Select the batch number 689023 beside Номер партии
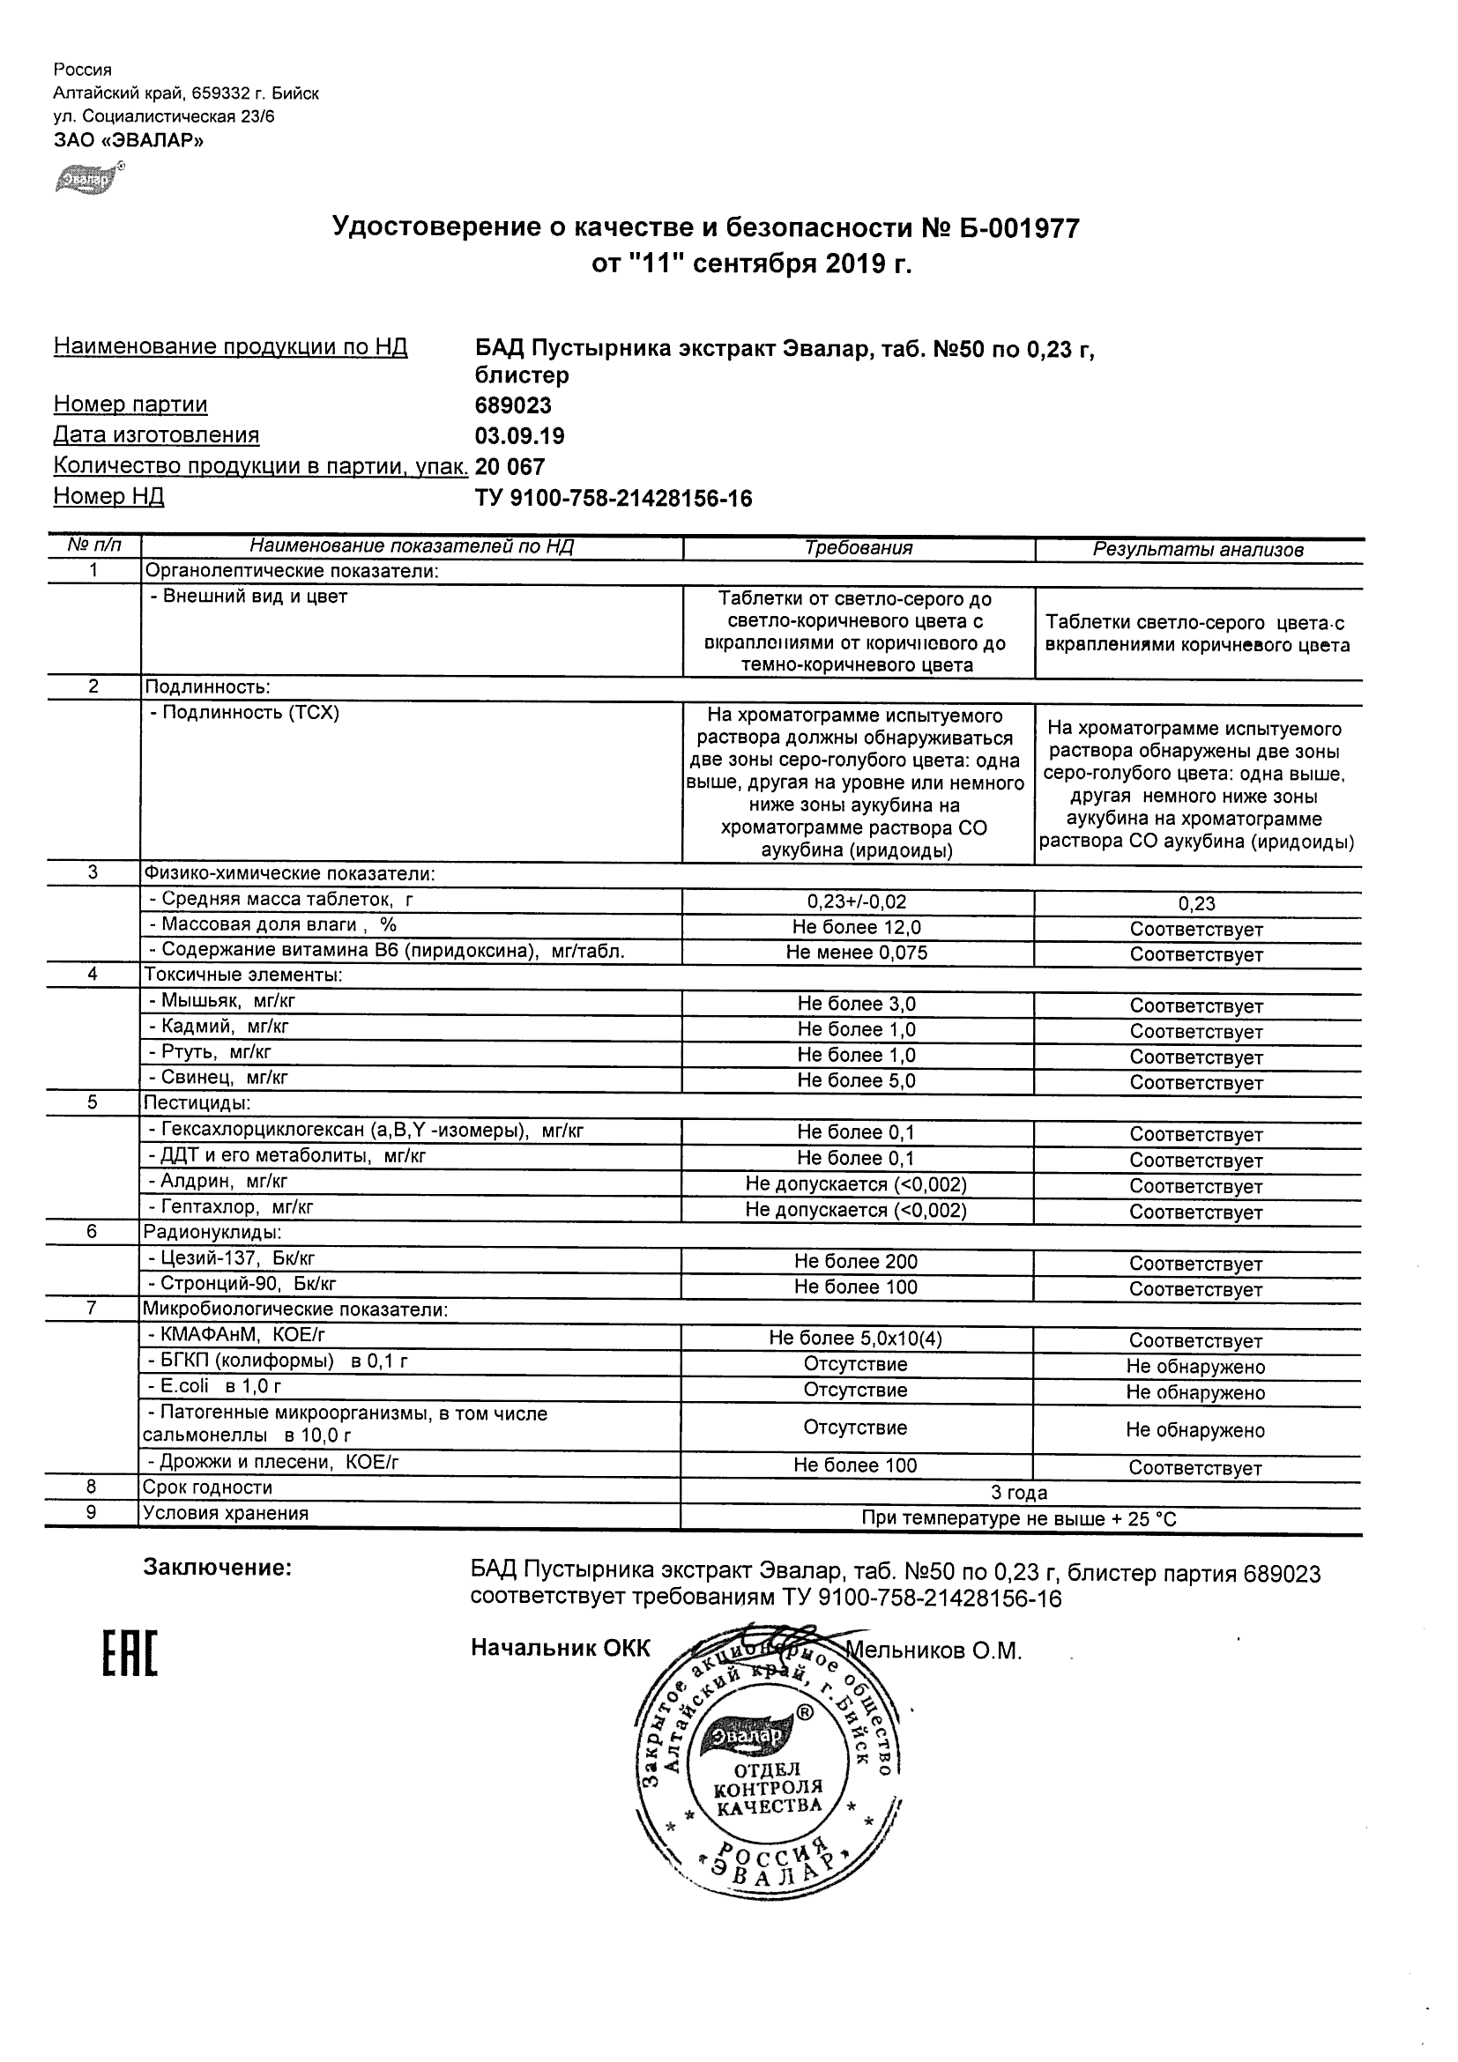coord(513,405)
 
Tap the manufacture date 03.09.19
coord(519,435)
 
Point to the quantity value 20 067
coord(510,466)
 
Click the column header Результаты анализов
coord(1197,550)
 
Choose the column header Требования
coord(858,548)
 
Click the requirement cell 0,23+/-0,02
coord(856,901)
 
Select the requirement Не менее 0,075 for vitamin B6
coord(856,952)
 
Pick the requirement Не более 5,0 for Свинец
coord(856,1080)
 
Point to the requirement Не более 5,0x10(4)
coord(855,1339)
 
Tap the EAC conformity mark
coord(130,1655)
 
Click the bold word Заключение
coord(218,1568)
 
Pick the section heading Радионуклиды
coord(213,1233)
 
